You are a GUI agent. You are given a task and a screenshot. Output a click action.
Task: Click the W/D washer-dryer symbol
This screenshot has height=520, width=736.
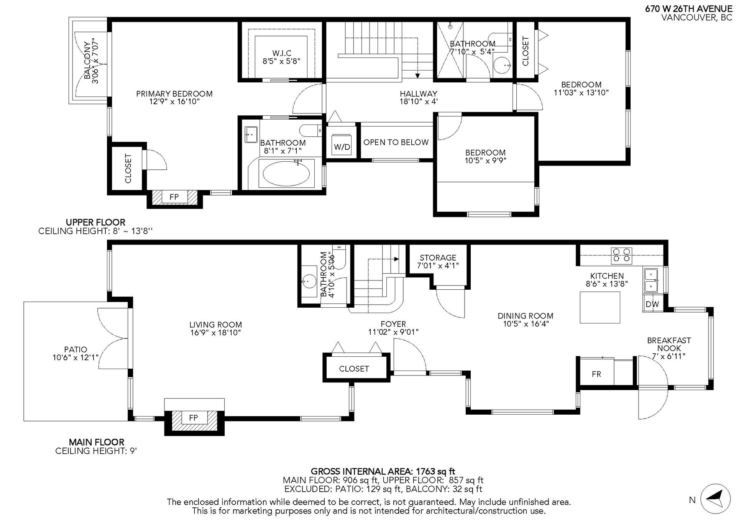342,145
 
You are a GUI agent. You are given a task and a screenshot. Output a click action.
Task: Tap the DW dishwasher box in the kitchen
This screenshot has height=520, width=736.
652,304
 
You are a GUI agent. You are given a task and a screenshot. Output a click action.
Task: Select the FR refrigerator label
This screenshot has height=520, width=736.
596,374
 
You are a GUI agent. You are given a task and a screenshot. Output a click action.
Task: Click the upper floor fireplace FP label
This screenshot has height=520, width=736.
174,197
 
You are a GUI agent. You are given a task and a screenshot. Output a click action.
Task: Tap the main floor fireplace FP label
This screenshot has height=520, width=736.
194,417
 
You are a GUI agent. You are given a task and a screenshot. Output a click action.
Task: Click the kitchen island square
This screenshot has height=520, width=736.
600,308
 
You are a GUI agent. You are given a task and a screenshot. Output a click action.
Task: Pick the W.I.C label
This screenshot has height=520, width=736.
282,53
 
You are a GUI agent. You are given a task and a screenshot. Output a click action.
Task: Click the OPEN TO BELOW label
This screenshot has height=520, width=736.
396,142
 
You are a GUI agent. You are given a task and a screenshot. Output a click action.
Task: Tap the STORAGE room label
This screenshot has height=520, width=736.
438,258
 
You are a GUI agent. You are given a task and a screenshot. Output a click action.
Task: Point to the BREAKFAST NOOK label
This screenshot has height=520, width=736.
669,344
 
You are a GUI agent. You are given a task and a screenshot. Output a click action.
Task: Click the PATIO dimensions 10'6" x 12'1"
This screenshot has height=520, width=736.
76,358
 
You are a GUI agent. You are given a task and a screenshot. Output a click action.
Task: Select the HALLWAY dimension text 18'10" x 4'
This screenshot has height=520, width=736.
419,102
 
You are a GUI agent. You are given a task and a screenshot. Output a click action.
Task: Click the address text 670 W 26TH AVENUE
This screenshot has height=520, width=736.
688,9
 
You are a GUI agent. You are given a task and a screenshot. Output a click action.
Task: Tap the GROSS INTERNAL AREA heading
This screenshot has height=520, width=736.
383,471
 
